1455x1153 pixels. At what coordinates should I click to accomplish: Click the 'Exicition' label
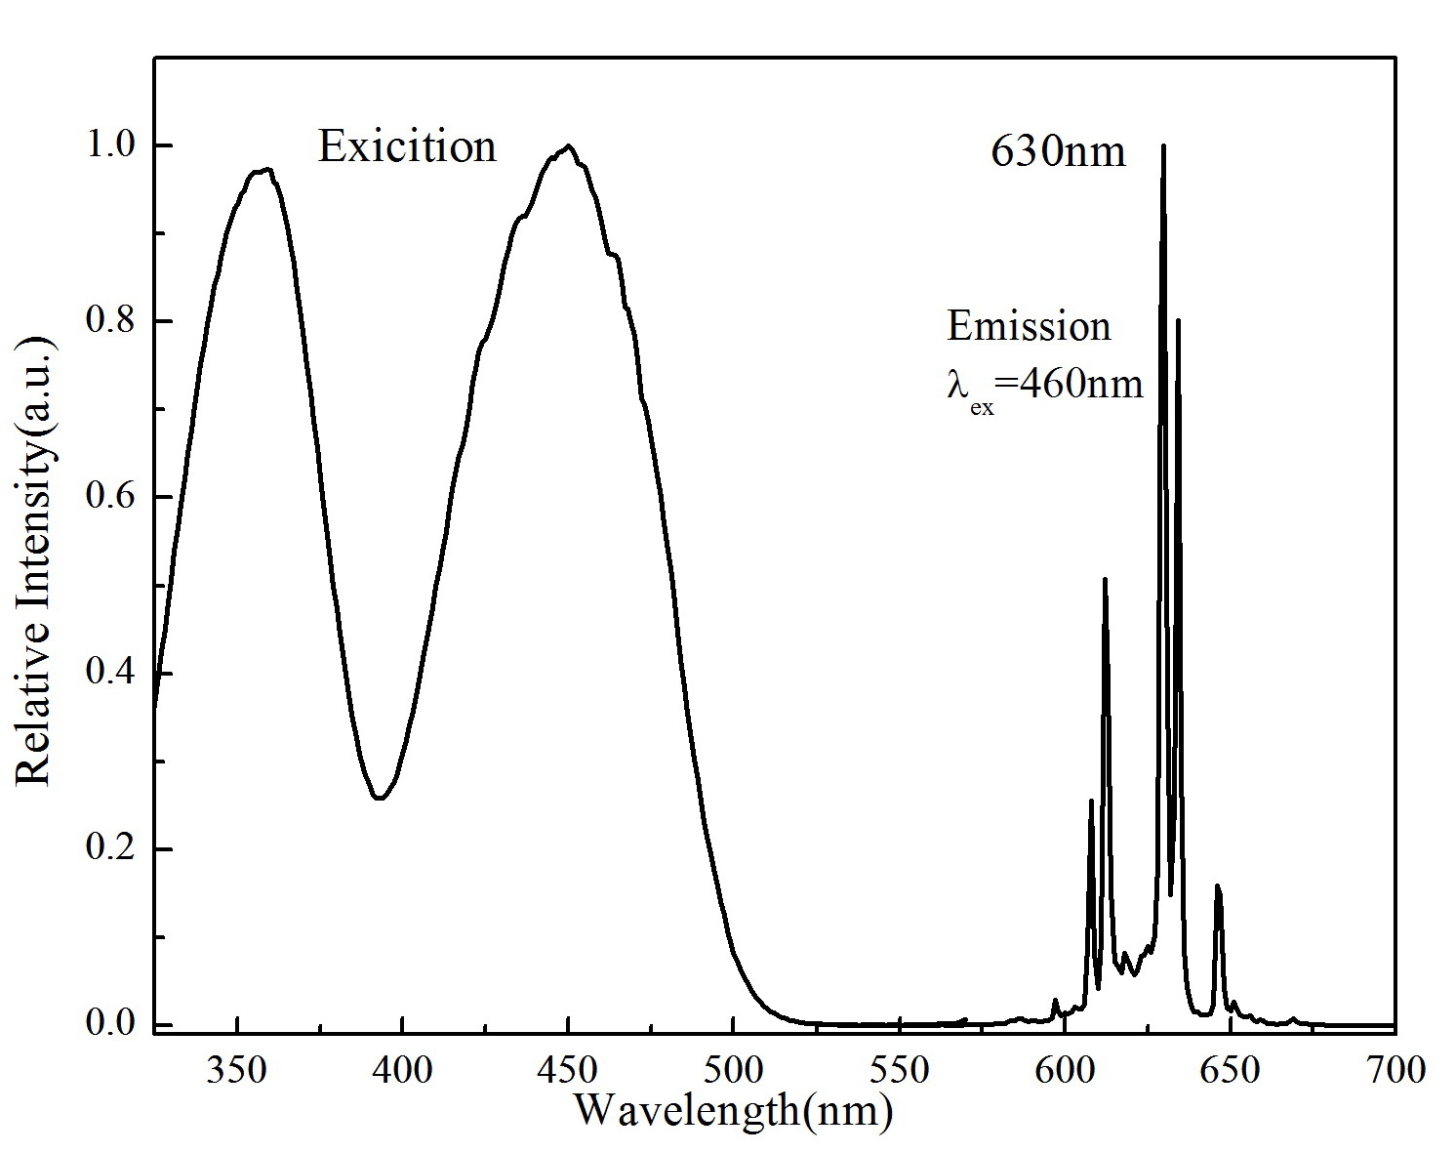point(407,147)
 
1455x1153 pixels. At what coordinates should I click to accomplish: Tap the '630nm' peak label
point(1058,152)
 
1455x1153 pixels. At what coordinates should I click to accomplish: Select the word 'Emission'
point(1029,326)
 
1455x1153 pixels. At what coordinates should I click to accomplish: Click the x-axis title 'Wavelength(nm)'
point(732,1110)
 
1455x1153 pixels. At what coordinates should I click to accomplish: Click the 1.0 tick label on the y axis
point(115,145)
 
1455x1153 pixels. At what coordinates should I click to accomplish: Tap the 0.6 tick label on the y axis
point(115,497)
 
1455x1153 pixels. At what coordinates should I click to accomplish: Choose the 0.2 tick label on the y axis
point(115,849)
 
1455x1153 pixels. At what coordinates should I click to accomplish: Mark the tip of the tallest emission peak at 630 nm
point(1163,145)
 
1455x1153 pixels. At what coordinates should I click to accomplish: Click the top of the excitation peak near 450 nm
point(567,146)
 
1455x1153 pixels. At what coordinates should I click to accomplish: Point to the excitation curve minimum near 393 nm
point(380,798)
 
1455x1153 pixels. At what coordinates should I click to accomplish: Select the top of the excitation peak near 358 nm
point(263,169)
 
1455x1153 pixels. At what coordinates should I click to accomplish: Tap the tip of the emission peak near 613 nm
point(1105,579)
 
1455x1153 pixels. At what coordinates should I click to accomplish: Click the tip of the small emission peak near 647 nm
point(1217,885)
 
